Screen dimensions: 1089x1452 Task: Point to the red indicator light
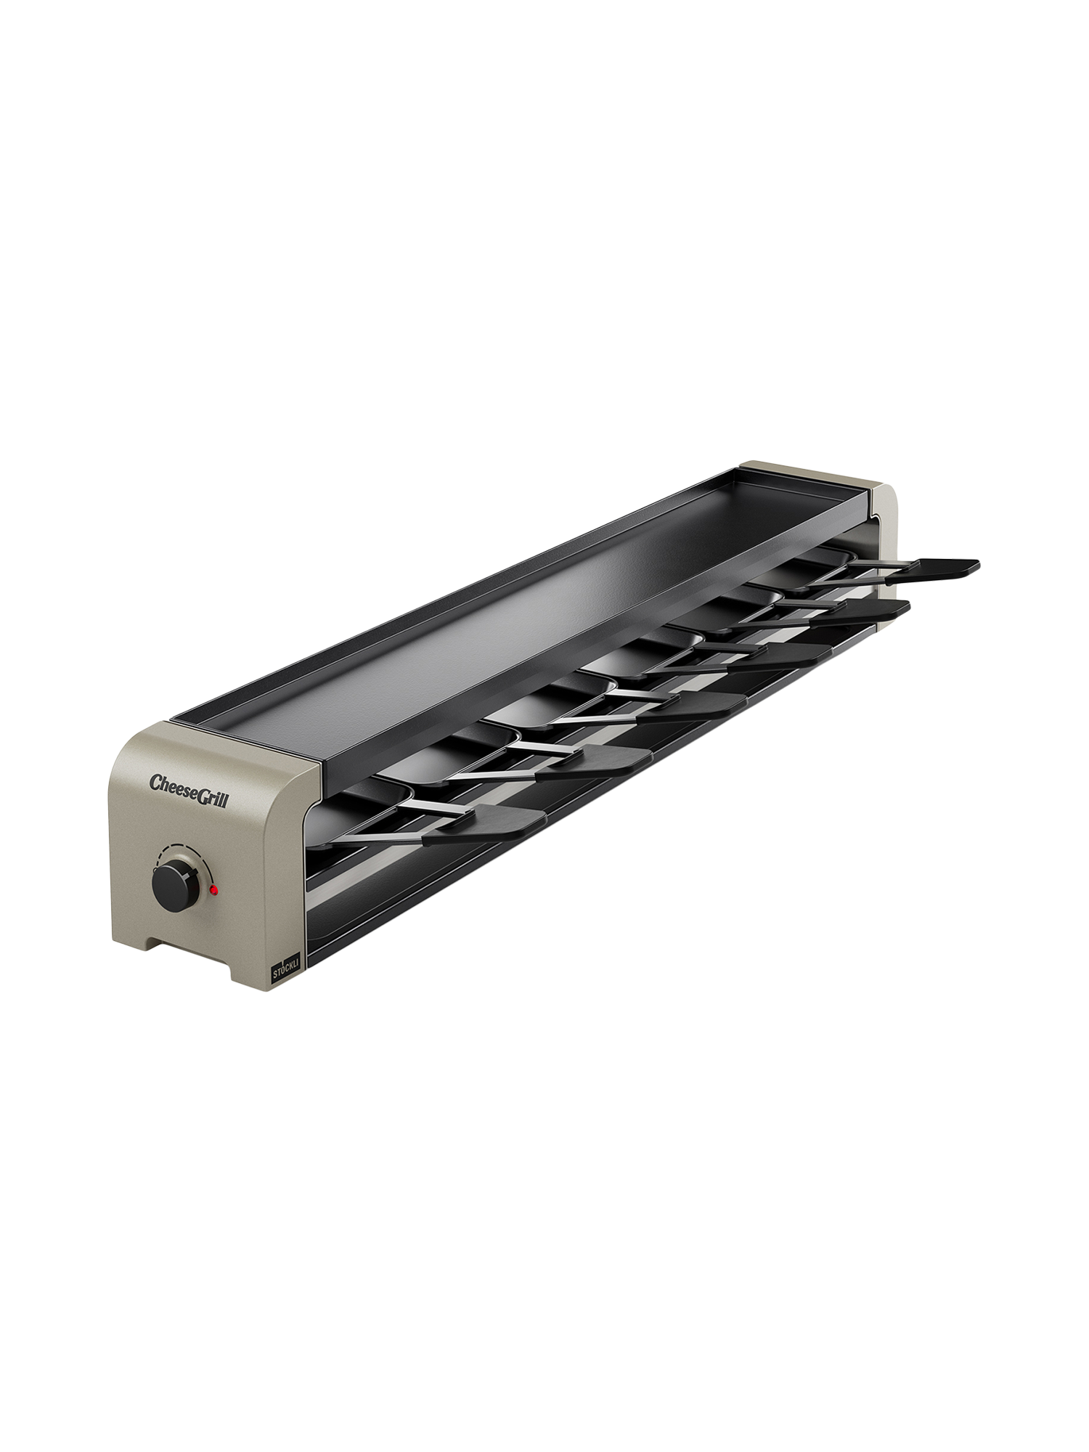tap(213, 889)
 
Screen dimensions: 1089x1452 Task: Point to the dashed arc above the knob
tap(179, 850)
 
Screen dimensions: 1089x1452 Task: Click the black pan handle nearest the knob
tap(484, 817)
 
